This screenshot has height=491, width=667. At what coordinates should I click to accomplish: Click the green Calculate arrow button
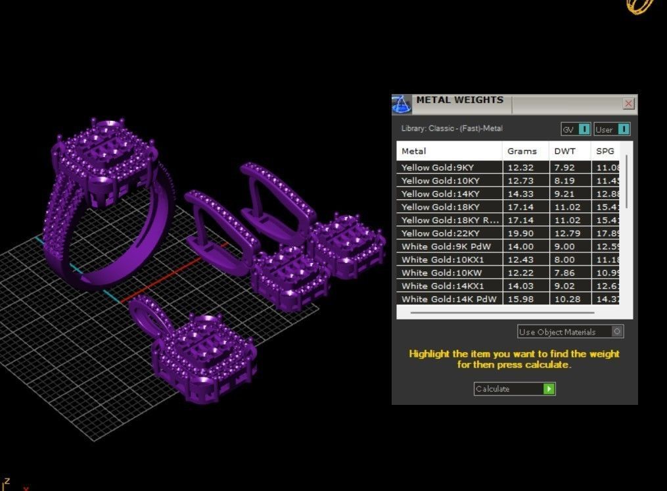click(x=549, y=389)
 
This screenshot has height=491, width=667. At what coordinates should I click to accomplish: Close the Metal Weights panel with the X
click(x=628, y=104)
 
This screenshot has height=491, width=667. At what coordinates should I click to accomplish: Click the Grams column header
click(x=522, y=151)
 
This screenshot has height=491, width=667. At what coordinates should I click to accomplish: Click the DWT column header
click(x=564, y=151)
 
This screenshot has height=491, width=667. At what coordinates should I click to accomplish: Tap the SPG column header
click(x=605, y=151)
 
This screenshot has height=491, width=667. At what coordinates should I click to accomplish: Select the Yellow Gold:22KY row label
click(x=441, y=233)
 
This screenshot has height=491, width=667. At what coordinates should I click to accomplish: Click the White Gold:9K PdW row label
click(x=446, y=246)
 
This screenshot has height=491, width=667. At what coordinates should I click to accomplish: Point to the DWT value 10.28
click(x=564, y=299)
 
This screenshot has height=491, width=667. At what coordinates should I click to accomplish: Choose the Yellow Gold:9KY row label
click(x=438, y=168)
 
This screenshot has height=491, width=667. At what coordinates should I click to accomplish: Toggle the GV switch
click(x=584, y=129)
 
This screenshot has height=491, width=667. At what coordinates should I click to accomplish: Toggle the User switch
click(x=623, y=129)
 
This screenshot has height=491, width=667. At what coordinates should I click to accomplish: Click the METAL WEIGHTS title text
click(x=460, y=101)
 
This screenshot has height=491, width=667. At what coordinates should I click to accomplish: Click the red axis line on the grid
click(x=164, y=283)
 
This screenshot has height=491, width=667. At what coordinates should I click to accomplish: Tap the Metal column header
click(x=414, y=151)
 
